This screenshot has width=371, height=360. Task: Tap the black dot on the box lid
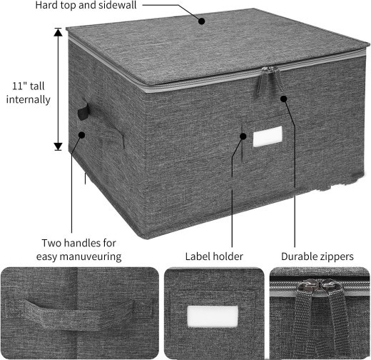[202, 21]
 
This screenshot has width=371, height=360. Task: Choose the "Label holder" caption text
[214, 256]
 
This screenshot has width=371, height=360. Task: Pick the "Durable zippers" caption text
[317, 256]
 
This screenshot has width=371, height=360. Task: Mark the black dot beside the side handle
[81, 134]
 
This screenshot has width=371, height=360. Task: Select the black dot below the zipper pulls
[283, 98]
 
